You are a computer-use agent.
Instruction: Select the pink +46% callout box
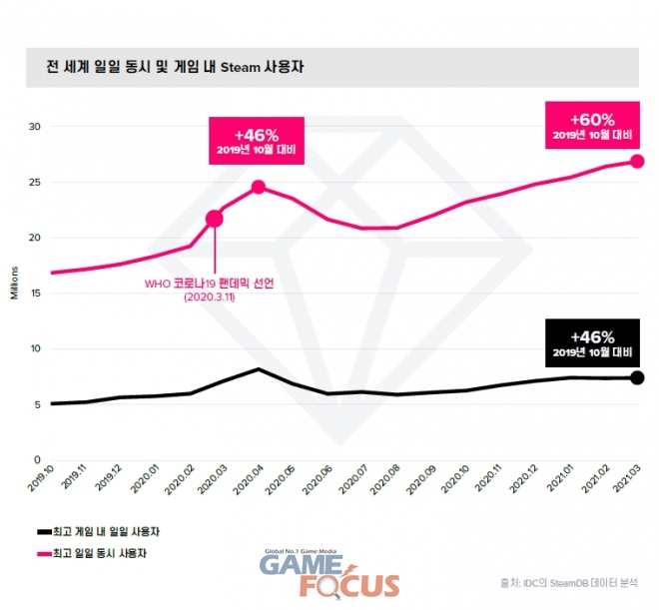tap(258, 141)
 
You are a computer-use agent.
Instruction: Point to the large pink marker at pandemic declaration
tap(214, 218)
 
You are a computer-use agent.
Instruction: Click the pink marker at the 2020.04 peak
tap(258, 187)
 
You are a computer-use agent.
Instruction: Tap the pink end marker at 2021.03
tap(638, 161)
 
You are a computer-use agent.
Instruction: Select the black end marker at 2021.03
tap(638, 377)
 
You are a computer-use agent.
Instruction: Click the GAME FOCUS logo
tap(329, 579)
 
